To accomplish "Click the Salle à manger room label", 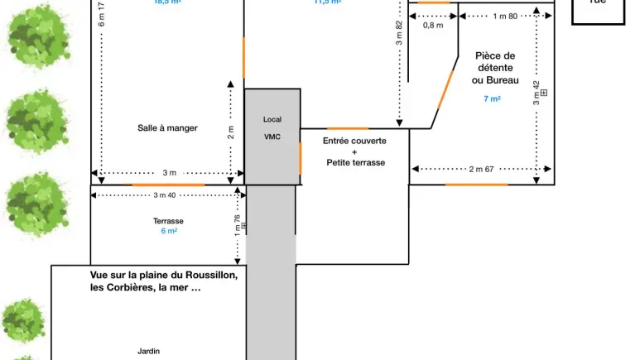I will [x=167, y=127].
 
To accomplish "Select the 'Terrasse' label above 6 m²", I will [x=168, y=221].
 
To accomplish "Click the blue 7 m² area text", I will [x=492, y=99].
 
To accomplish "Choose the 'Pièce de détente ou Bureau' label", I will [x=495, y=68].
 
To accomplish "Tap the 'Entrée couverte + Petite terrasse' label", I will [x=354, y=151].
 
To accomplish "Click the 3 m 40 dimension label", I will [x=166, y=195].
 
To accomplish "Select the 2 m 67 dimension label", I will [x=481, y=169].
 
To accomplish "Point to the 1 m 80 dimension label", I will [x=504, y=17].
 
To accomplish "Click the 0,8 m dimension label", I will [x=433, y=26].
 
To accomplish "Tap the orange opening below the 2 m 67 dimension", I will [x=476, y=184].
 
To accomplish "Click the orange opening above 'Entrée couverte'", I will [x=348, y=128].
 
